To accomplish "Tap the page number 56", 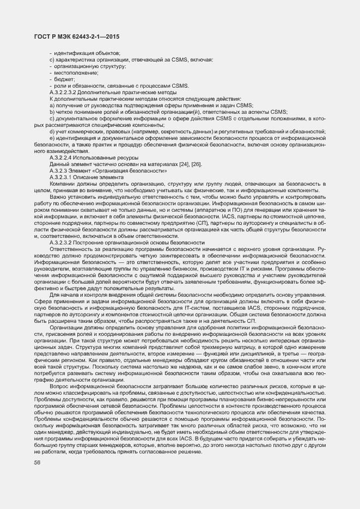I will pos(37,462).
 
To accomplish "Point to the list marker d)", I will pos(52,132).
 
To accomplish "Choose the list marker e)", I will pos(52,138).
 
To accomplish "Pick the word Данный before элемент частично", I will pos(60,164).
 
